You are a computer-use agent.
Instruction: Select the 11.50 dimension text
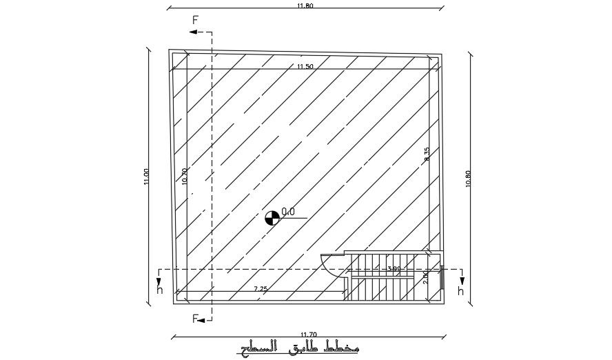click(305, 66)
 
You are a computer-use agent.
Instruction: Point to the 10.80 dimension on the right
click(469, 179)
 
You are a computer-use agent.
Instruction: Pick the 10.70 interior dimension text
click(184, 177)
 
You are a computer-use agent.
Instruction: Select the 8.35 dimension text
click(427, 154)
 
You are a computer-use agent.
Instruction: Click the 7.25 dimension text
click(261, 288)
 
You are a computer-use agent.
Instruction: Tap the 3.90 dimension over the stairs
click(394, 269)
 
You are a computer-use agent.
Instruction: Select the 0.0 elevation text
click(288, 212)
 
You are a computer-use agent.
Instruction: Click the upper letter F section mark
click(195, 20)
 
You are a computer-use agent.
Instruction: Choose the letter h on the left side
click(160, 290)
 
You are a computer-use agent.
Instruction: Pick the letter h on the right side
click(460, 290)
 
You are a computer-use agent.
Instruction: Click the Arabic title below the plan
click(300, 348)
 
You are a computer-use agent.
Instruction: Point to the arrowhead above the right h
click(461, 279)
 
